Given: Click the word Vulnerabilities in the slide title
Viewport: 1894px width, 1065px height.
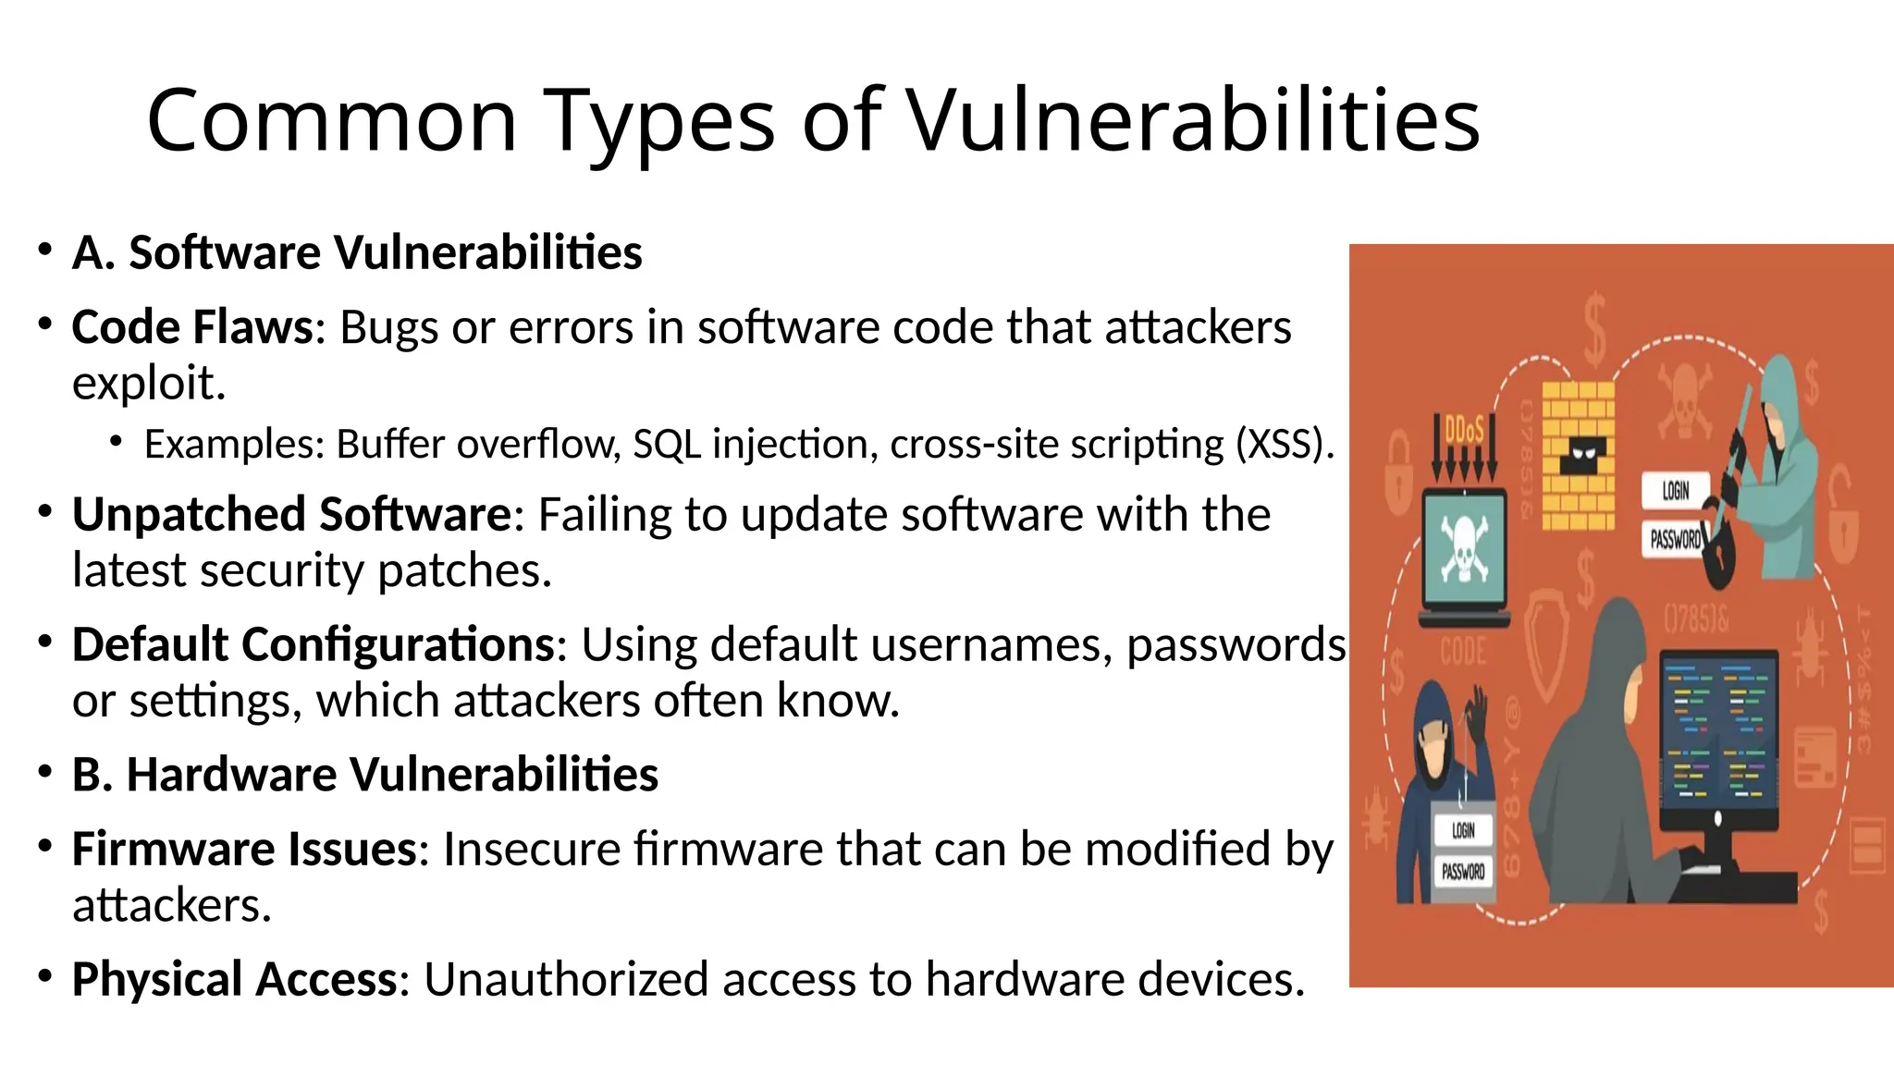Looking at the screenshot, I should [x=1193, y=120].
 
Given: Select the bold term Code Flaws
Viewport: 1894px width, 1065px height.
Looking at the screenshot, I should [x=193, y=327].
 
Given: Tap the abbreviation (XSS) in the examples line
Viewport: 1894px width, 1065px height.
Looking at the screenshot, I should [x=1284, y=445].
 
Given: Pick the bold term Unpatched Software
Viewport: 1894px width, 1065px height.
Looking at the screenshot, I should [x=291, y=515].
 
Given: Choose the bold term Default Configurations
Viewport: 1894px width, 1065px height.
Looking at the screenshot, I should [x=313, y=645].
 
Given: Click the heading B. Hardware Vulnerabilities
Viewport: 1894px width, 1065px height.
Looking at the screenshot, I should [x=365, y=775].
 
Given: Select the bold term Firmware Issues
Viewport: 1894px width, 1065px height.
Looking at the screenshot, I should [x=244, y=850].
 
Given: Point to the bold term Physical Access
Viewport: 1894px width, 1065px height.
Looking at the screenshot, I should [x=234, y=980].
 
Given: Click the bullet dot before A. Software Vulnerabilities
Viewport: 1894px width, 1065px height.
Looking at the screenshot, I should [x=44, y=251].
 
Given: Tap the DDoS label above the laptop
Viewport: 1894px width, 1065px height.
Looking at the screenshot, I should [x=1464, y=430].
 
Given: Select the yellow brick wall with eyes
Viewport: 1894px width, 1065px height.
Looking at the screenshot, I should [x=1579, y=454].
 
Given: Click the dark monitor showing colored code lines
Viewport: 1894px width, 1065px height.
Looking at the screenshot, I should [x=1718, y=730].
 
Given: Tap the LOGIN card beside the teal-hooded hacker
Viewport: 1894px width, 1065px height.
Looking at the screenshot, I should [x=1675, y=491].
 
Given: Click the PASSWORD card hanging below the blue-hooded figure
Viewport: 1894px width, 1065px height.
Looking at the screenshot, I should [x=1463, y=871].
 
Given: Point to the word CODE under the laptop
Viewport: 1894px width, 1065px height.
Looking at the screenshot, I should [x=1463, y=652].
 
